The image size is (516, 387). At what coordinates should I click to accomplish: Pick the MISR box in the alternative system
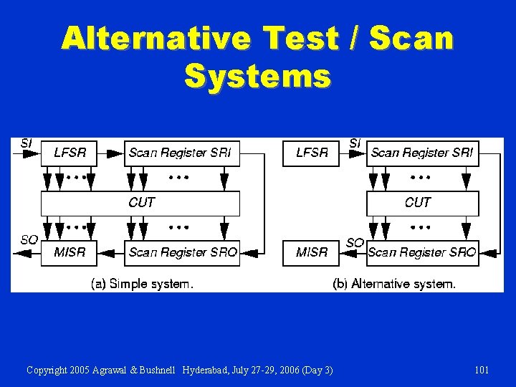[x=311, y=252]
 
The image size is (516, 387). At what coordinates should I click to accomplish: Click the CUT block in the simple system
[x=140, y=203]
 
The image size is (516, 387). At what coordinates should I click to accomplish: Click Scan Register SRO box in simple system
[x=182, y=252]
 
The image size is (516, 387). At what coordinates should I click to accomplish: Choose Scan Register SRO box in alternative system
[x=422, y=252]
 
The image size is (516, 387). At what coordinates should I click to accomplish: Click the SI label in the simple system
[x=26, y=143]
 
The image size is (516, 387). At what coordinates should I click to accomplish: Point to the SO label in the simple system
[x=29, y=240]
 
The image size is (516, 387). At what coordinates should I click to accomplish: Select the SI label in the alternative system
[x=354, y=143]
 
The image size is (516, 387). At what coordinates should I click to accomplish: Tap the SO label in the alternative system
[x=355, y=243]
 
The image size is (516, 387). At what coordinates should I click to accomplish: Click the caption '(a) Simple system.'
[x=142, y=284]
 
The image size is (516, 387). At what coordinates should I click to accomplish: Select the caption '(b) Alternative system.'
[x=394, y=284]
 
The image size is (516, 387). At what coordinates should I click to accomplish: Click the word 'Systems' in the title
[x=257, y=75]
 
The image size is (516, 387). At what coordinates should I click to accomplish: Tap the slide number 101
[x=482, y=370]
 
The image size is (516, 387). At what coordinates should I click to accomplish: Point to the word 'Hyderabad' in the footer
[x=205, y=370]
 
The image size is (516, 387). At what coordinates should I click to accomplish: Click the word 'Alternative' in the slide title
[x=157, y=38]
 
